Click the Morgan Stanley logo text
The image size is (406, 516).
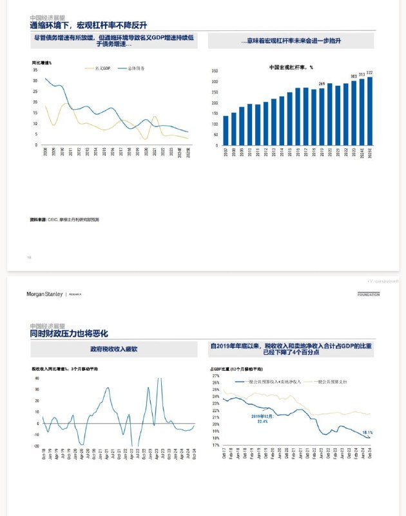click(44, 294)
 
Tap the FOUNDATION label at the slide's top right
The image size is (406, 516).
click(369, 294)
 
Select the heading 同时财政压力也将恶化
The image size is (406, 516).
click(69, 333)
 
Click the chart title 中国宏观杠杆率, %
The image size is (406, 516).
click(291, 66)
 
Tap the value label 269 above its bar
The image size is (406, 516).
click(322, 84)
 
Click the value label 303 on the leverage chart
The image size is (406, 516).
click(354, 76)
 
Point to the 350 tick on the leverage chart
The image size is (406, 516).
click(215, 71)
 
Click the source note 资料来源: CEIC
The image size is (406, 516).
click(64, 220)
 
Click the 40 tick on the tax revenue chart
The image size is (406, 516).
click(37, 378)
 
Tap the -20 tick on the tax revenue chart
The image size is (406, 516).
click(37, 446)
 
